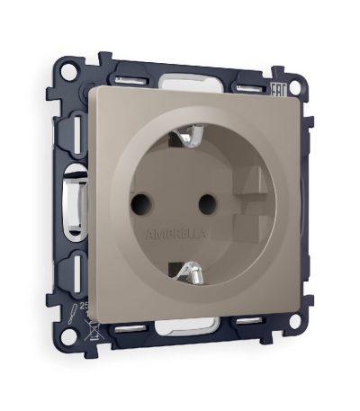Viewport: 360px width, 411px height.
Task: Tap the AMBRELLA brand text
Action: tap(178, 232)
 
